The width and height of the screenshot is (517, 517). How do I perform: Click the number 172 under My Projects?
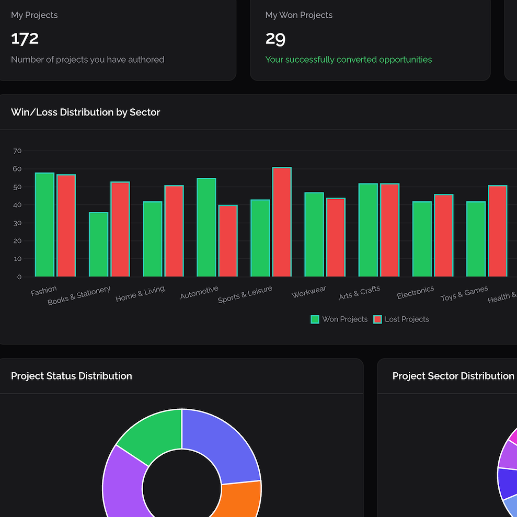[x=25, y=39]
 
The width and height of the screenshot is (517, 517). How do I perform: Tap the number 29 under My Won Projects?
[x=275, y=39]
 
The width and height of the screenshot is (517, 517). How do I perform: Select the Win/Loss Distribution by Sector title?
[x=85, y=112]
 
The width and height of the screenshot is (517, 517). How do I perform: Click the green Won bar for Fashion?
[x=44, y=225]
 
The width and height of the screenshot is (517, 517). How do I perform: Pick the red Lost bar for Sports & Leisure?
[x=282, y=222]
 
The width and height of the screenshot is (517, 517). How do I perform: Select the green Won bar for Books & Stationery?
[x=98, y=244]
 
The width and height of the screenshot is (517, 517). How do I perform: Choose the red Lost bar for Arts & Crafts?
[x=389, y=230]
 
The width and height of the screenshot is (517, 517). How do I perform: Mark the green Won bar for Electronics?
[x=422, y=239]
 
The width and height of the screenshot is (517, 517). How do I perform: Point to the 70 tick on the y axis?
[x=17, y=151]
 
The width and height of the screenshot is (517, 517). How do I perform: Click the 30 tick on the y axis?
[x=17, y=223]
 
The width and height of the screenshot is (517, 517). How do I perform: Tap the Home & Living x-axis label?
[x=140, y=294]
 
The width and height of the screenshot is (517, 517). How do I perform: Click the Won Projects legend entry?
[x=339, y=319]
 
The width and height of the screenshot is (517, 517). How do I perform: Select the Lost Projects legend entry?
[x=401, y=319]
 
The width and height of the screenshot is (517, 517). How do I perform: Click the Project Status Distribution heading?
[x=71, y=376]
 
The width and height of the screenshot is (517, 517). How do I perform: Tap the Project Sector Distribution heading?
[x=453, y=376]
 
